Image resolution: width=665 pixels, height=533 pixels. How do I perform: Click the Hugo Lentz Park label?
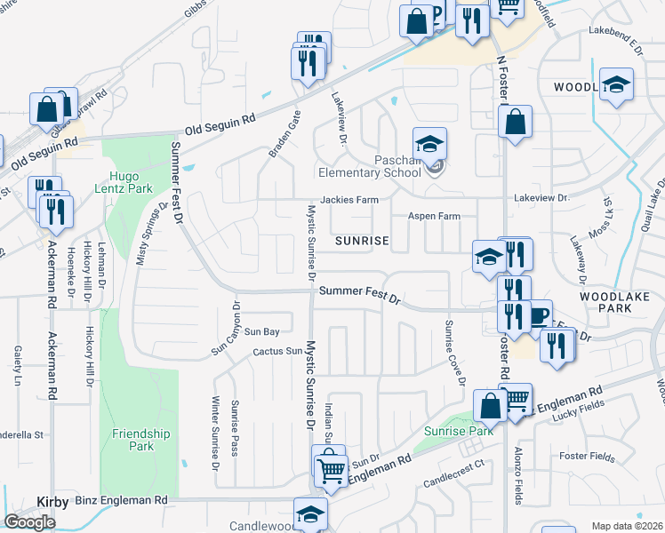[130, 181]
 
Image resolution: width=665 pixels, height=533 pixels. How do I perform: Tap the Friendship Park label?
[140, 439]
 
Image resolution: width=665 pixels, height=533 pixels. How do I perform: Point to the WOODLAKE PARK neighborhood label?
[617, 301]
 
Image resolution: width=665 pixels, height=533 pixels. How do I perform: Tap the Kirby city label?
[52, 502]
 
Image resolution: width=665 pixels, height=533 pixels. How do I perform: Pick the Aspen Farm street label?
[434, 216]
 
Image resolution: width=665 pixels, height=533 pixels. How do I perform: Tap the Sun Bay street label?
[262, 331]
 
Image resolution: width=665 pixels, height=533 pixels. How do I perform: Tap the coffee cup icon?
[539, 315]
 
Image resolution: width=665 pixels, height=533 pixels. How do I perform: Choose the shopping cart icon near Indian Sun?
[331, 467]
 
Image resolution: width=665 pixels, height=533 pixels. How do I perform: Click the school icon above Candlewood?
[310, 514]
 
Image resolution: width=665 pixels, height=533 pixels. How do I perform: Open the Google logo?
[29, 521]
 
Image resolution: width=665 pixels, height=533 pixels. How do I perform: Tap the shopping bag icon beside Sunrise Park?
[490, 406]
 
